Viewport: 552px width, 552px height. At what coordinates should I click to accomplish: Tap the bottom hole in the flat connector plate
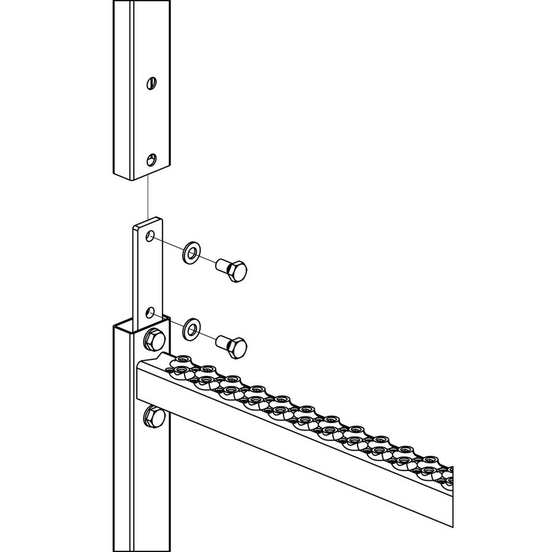150,311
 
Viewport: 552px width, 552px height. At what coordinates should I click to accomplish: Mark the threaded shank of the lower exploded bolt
221,341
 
